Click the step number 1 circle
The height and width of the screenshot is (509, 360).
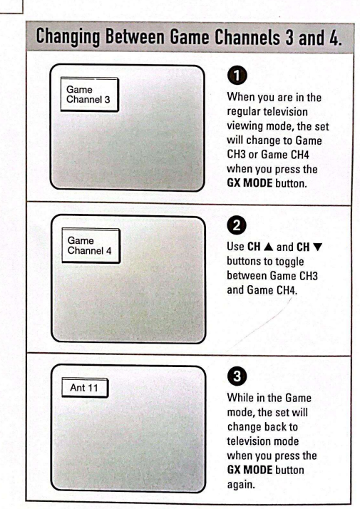pos(237,76)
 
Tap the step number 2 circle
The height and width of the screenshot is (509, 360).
pos(237,225)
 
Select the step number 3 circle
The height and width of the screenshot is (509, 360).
pos(237,376)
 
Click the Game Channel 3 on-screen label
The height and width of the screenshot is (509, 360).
pos(90,95)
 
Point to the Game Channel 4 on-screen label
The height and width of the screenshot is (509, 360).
pos(91,246)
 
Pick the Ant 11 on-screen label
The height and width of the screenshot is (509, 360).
pos(85,388)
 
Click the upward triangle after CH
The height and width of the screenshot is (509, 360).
pos(269,247)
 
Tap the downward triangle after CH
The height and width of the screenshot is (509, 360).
pos(317,247)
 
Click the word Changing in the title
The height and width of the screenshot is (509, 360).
pos(68,37)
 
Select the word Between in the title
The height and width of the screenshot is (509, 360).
pos(135,36)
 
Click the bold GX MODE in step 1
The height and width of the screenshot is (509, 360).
pos(250,183)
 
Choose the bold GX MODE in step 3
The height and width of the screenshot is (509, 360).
pos(250,470)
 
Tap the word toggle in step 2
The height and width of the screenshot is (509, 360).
pos(289,262)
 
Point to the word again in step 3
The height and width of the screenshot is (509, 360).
pos(241,485)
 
